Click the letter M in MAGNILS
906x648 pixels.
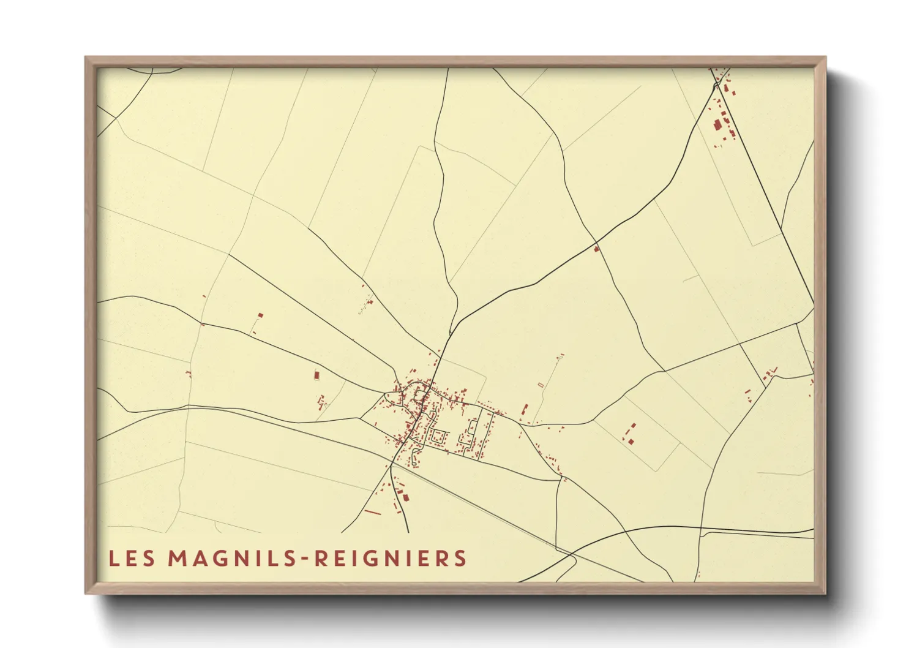pos(177,558)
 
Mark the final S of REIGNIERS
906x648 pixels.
pos(461,558)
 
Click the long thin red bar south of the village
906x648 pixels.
pos(372,511)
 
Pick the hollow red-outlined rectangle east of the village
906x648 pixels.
pos(541,385)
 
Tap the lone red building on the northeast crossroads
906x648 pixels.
pos(596,249)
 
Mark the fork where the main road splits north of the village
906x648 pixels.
pos(451,333)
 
